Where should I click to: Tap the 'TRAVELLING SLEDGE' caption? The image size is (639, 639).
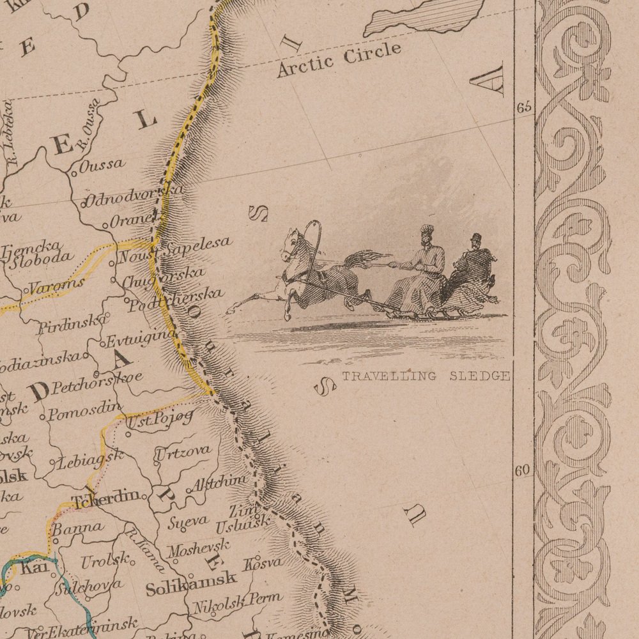point(426,376)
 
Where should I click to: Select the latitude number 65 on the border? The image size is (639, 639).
point(524,107)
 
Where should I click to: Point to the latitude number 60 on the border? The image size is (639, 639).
point(523,471)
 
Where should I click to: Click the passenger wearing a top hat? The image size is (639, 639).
point(473,268)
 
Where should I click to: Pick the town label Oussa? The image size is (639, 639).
point(102,165)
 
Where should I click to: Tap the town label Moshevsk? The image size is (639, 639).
point(199,547)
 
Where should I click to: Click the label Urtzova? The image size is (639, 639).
point(183,452)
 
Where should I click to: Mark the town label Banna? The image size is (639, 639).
point(77,528)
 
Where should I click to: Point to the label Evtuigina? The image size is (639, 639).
point(139,337)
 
